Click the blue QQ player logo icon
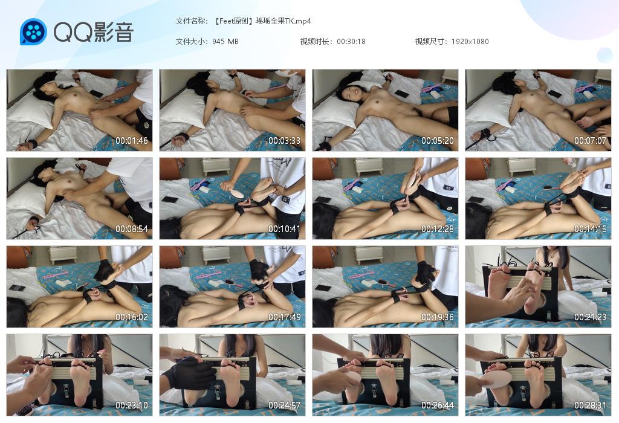pyautogui.click(x=33, y=32)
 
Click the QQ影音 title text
pyautogui.click(x=94, y=32)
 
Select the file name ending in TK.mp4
pyautogui.click(x=262, y=21)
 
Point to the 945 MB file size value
pyautogui.click(x=225, y=42)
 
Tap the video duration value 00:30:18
pyautogui.click(x=351, y=42)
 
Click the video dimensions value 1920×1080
pyautogui.click(x=470, y=42)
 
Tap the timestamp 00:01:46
pyautogui.click(x=131, y=140)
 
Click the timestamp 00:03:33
pyautogui.click(x=284, y=140)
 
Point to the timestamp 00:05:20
pyautogui.click(x=438, y=140)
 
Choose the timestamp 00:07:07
pyautogui.click(x=590, y=140)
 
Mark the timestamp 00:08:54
pyautogui.click(x=131, y=229)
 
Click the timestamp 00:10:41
pyautogui.click(x=284, y=229)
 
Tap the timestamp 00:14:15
pyautogui.click(x=590, y=229)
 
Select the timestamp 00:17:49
pyautogui.click(x=284, y=317)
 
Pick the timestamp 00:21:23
pyautogui.click(x=590, y=317)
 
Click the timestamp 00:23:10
pyautogui.click(x=131, y=405)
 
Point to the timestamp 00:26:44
pyautogui.click(x=438, y=405)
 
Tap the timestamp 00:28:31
pyautogui.click(x=590, y=405)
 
